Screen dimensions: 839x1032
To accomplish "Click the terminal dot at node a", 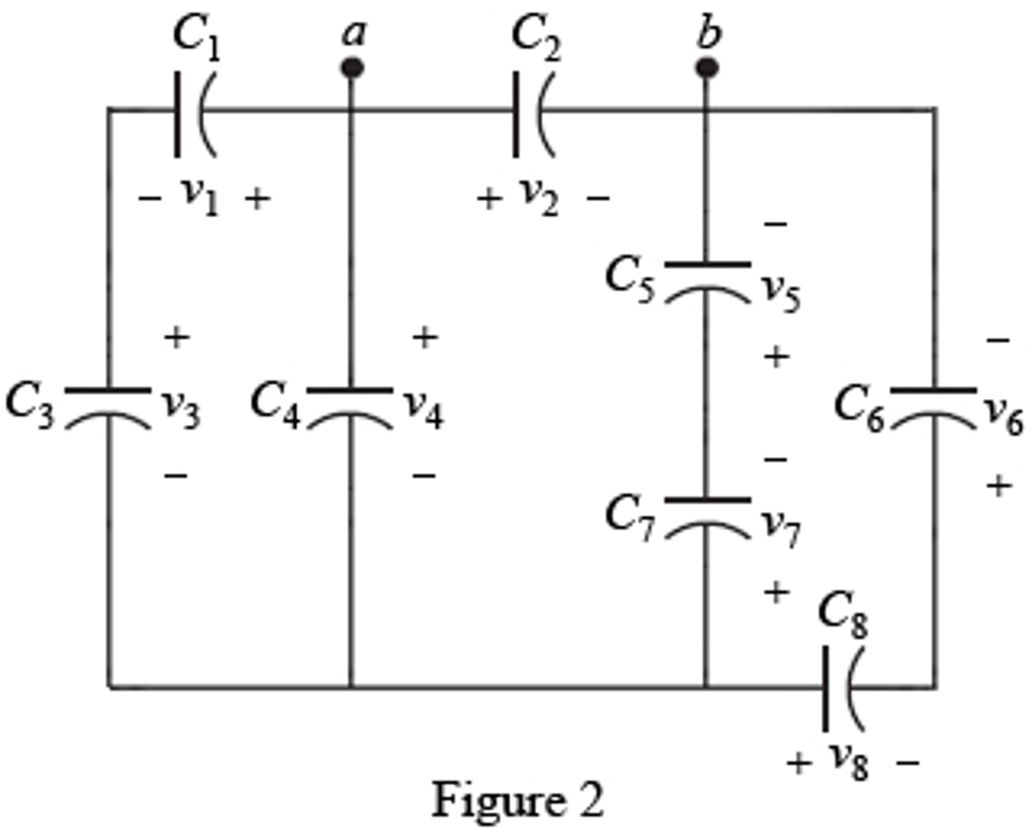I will pos(352,68).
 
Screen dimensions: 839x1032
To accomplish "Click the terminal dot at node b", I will pos(707,68).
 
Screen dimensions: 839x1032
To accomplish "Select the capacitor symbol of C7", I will pos(707,518).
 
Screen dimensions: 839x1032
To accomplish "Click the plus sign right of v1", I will pos(258,198).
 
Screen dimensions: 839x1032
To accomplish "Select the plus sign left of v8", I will pos(799,763).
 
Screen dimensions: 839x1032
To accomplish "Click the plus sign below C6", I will pos(999,486).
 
